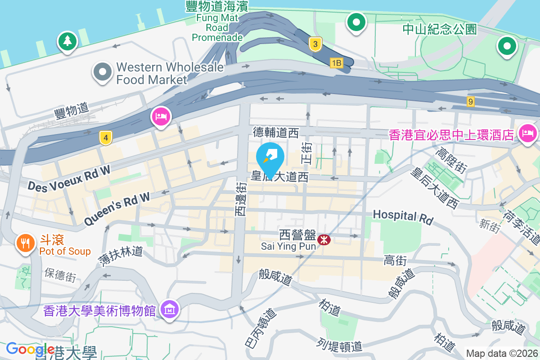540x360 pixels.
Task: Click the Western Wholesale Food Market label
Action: (x=170, y=73)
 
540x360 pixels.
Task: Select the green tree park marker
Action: (x=67, y=41)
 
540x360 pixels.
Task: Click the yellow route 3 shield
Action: (x=316, y=44)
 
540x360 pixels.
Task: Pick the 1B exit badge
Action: (x=336, y=63)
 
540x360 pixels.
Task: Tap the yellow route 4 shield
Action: (x=106, y=138)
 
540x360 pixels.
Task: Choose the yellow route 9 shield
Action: (x=471, y=102)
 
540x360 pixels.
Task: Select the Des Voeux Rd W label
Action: (x=69, y=179)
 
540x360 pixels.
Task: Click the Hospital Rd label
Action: (x=403, y=217)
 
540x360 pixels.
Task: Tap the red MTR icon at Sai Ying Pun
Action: (x=324, y=239)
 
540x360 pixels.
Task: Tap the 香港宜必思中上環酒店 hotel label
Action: (x=451, y=135)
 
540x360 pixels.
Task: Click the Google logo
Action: (x=30, y=349)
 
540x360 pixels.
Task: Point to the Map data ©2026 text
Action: (x=502, y=353)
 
